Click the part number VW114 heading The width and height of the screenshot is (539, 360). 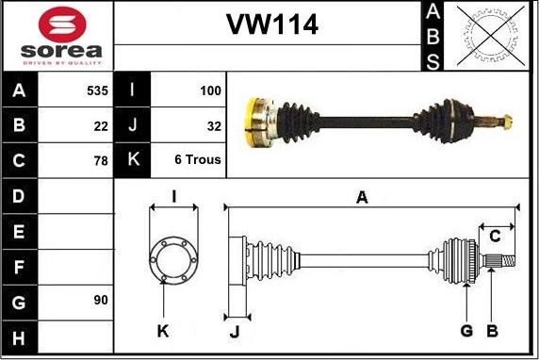click(x=270, y=25)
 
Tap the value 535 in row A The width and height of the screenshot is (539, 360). click(x=97, y=91)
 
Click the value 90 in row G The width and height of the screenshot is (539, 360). click(x=101, y=301)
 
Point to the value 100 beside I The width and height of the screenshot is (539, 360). click(x=210, y=91)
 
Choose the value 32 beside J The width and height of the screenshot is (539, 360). click(x=214, y=125)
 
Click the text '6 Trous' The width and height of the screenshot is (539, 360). click(x=198, y=160)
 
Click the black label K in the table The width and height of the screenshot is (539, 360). click(x=132, y=160)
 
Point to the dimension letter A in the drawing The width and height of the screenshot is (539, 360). click(x=362, y=197)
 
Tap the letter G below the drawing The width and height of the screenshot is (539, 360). click(x=465, y=330)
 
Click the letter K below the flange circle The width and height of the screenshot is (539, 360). click(x=163, y=330)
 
